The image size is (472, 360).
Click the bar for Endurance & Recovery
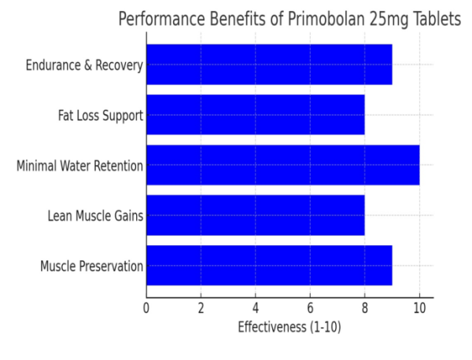click(269, 64)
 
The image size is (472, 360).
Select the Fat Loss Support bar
click(255, 115)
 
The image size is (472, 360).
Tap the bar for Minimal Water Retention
click(282, 165)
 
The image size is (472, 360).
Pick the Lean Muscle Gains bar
click(255, 215)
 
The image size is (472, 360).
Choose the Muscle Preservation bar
click(269, 266)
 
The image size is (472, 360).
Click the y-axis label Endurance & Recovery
click(83, 65)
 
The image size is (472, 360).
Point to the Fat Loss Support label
click(100, 116)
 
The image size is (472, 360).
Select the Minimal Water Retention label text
click(79, 166)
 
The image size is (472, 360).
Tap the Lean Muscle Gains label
click(95, 216)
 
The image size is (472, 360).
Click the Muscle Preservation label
click(91, 266)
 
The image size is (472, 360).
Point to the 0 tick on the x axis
click(146, 307)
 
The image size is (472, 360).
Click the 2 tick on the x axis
click(201, 307)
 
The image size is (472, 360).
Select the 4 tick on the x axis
click(256, 307)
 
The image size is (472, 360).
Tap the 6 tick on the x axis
click(310, 307)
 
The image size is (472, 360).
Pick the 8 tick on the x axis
click(364, 307)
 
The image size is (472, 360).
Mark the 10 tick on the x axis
click(419, 307)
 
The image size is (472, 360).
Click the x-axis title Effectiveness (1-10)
click(289, 327)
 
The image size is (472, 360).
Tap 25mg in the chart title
click(387, 20)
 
